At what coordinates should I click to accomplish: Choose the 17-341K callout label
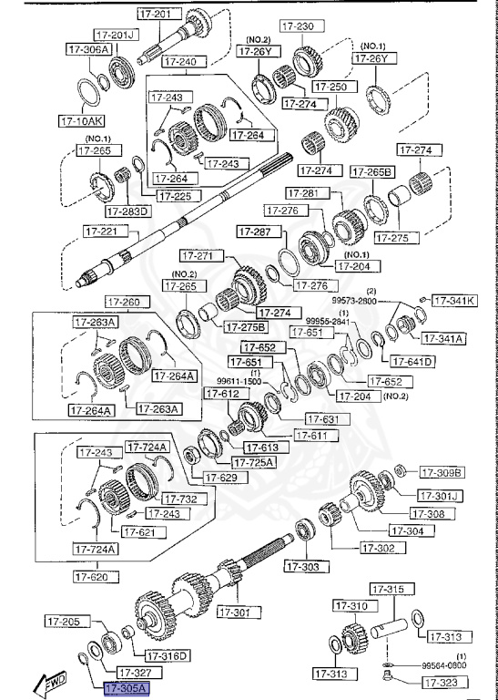453,299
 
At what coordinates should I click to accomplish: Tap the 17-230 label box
300,26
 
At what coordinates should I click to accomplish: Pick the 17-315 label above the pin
391,591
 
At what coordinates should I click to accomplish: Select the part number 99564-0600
444,666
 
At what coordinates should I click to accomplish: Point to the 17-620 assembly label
92,576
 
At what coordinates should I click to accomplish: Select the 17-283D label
128,211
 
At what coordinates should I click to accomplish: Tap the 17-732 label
182,499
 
